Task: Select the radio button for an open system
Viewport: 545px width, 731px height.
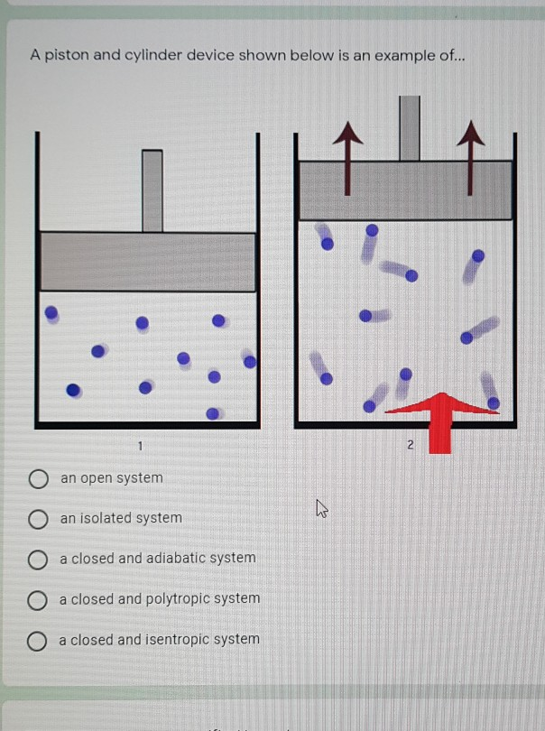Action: pyautogui.click(x=37, y=478)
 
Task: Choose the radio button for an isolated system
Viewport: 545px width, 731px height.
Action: pyautogui.click(x=37, y=519)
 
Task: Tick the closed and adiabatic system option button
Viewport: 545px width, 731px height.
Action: pyautogui.click(x=37, y=560)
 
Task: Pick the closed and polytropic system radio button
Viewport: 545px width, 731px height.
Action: pyautogui.click(x=37, y=600)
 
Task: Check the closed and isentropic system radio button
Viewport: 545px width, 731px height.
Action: pyautogui.click(x=37, y=641)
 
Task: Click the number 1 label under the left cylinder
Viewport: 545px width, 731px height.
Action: pyautogui.click(x=141, y=445)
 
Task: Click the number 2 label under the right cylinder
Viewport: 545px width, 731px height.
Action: pyautogui.click(x=410, y=445)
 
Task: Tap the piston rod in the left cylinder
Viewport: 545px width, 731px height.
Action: pyautogui.click(x=152, y=190)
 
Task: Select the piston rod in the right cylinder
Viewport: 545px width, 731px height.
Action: pyautogui.click(x=410, y=127)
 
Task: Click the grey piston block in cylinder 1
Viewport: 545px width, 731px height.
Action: pyautogui.click(x=148, y=262)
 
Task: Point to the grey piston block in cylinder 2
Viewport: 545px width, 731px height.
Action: pyautogui.click(x=405, y=190)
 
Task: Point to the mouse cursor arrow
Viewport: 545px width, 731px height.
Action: pyautogui.click(x=321, y=512)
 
